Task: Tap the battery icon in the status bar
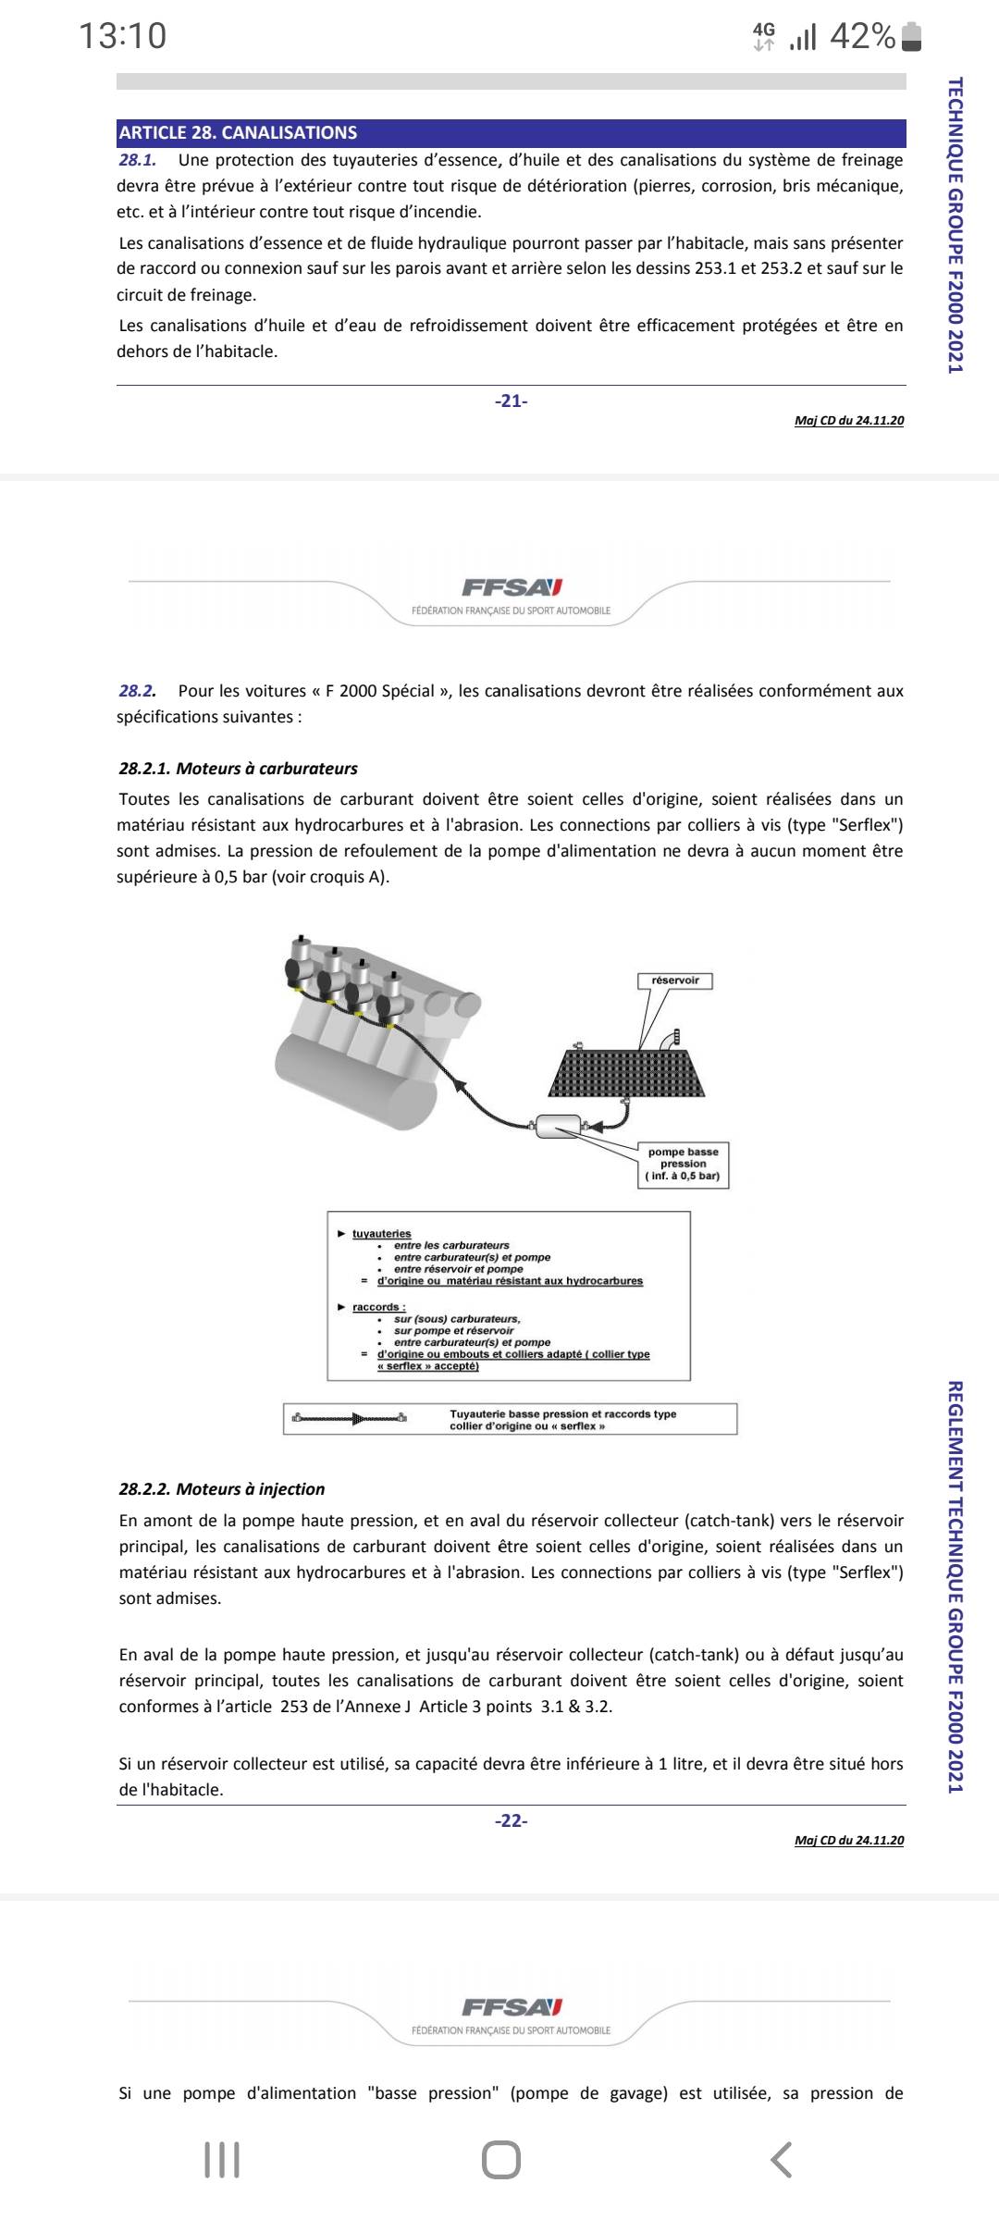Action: coord(911,37)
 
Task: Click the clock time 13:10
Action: coord(123,36)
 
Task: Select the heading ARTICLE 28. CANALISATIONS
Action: coord(238,132)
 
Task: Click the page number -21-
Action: coord(511,401)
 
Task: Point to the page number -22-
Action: coord(511,1820)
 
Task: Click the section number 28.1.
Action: coord(137,160)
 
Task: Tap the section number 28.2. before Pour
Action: coord(137,691)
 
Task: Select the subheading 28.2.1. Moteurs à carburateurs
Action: coord(238,769)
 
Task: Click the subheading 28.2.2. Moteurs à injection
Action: coord(222,1489)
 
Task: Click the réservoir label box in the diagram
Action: coord(675,980)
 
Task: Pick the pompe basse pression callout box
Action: coord(684,1164)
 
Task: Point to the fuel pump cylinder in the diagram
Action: coord(559,1126)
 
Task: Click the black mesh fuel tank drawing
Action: coord(627,1073)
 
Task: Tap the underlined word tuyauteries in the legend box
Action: coord(381,1234)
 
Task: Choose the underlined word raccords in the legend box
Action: coord(378,1307)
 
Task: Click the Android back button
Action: coord(782,2160)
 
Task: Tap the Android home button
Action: coord(500,2160)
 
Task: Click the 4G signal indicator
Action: coord(764,36)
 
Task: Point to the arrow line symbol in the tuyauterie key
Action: coord(350,1418)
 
